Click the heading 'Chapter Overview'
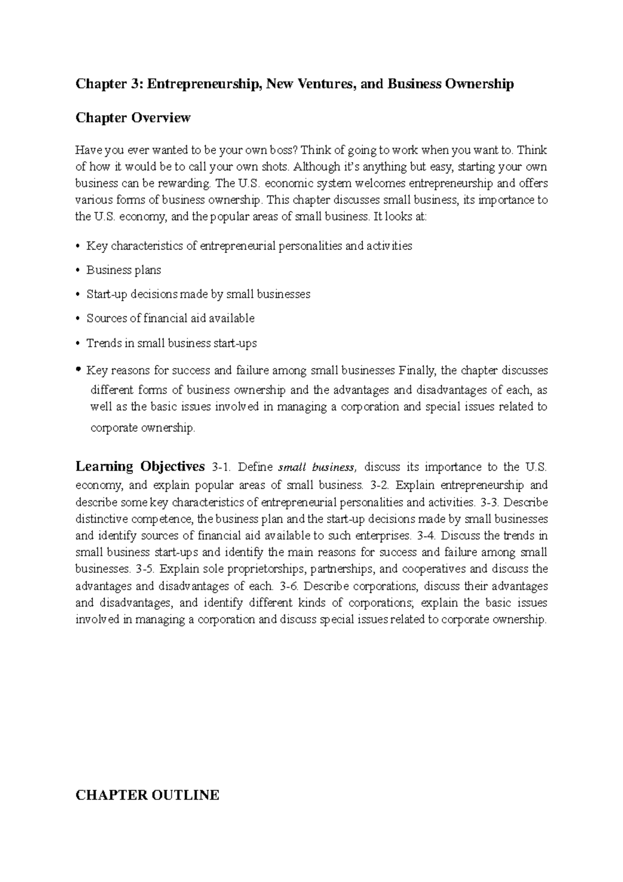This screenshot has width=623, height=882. [x=133, y=118]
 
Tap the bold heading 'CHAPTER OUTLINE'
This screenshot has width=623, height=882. [x=147, y=795]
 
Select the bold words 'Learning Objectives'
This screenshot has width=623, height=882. [x=140, y=466]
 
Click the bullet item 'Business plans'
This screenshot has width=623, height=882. [x=124, y=270]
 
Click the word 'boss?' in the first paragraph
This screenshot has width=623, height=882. [x=283, y=151]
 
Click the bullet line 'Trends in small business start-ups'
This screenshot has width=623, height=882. [x=171, y=343]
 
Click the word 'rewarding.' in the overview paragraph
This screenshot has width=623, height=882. [x=187, y=183]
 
